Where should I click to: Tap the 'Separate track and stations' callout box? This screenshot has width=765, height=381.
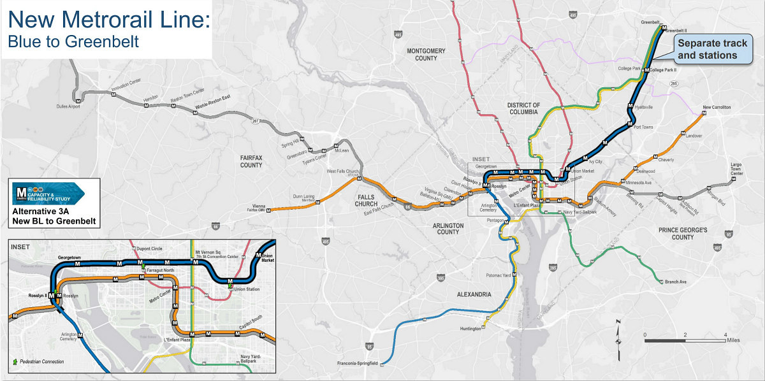pos(706,49)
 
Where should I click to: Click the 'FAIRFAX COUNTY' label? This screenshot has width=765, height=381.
pos(251,161)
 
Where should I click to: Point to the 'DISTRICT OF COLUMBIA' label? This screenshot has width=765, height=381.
pos(523,109)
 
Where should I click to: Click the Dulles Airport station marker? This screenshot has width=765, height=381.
pos(78,100)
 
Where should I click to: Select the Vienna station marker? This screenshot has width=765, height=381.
pos(270,209)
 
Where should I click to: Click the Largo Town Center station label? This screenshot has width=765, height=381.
pos(736,169)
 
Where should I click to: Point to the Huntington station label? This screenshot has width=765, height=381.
pos(470,329)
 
